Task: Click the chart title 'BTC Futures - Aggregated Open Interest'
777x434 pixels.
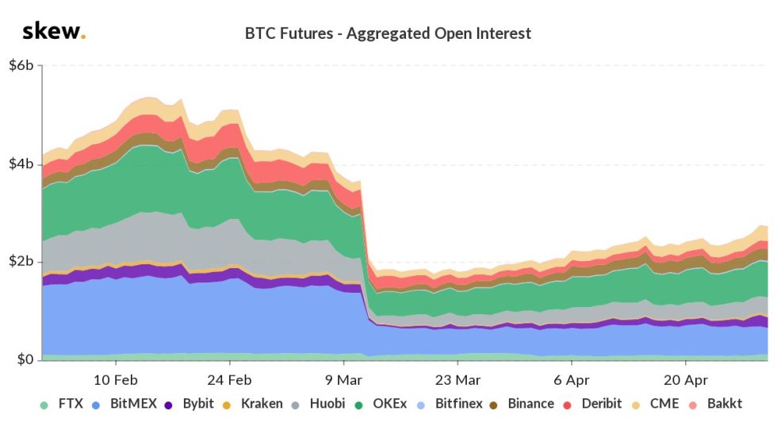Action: pyautogui.click(x=388, y=33)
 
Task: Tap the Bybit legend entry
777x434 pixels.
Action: pyautogui.click(x=192, y=404)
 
